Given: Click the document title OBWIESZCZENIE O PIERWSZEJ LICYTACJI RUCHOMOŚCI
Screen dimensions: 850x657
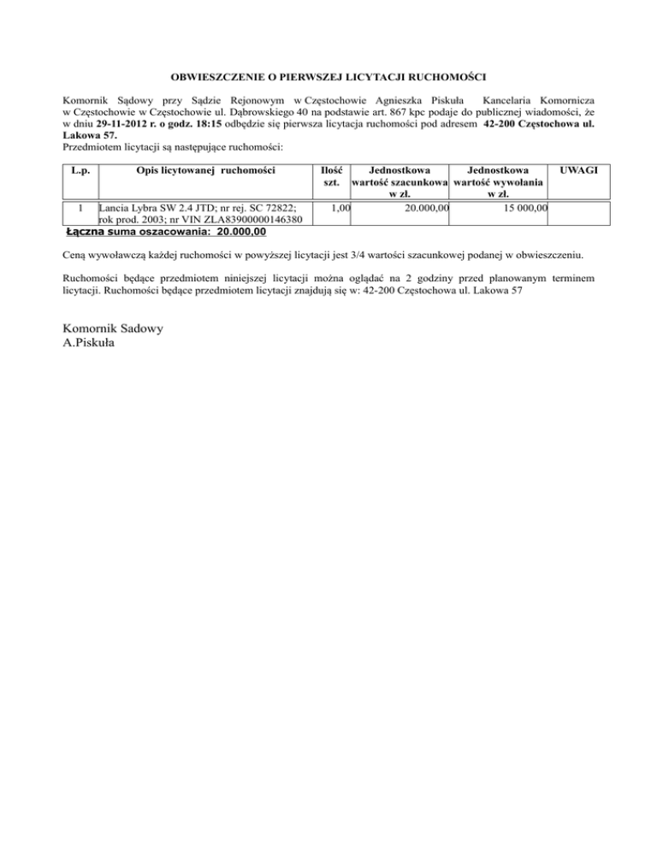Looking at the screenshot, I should pos(328,77).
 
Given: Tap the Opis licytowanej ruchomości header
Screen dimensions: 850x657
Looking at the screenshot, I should pos(205,171).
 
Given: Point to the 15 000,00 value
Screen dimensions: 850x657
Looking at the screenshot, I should pos(524,208).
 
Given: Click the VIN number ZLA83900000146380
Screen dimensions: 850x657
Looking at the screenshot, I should pos(251,220).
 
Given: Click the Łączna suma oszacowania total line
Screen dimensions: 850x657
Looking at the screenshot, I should pos(166,231).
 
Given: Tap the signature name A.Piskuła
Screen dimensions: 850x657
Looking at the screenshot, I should pos(92,343).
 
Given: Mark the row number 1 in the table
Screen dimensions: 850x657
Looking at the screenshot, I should pos(80,208).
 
